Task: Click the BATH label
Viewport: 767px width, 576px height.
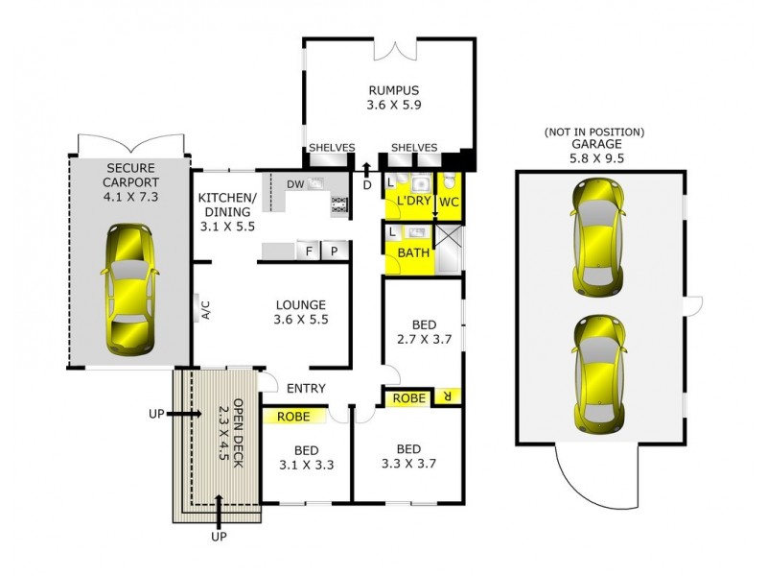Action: (413, 253)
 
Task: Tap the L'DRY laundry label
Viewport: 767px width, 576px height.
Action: (414, 202)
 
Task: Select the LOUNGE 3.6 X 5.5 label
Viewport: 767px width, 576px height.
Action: (300, 312)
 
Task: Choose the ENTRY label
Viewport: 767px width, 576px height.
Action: (306, 389)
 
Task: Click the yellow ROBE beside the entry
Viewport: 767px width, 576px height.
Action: (292, 417)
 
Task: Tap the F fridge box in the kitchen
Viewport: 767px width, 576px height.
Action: (309, 251)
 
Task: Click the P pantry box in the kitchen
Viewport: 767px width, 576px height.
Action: (334, 251)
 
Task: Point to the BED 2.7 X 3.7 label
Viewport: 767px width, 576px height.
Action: (423, 331)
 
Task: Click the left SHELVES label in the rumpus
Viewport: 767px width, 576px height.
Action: (331, 147)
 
